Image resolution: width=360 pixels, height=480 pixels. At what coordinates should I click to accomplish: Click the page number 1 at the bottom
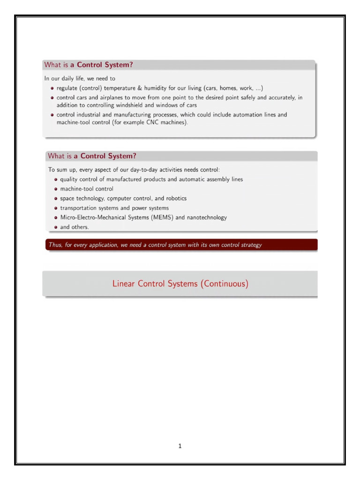(180, 446)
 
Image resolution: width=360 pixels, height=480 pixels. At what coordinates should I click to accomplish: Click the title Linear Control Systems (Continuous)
(180, 284)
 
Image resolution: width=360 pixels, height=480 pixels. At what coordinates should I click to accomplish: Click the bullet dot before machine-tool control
(56, 189)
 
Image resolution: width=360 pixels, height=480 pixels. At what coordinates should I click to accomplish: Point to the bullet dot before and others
(56, 227)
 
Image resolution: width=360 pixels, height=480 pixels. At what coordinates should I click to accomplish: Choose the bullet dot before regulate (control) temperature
(52, 88)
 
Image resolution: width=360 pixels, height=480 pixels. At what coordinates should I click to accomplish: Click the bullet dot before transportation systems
(56, 208)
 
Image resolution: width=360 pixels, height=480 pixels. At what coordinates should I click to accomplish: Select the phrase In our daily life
(63, 78)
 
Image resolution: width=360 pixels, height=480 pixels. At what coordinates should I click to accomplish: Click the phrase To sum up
(60, 169)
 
